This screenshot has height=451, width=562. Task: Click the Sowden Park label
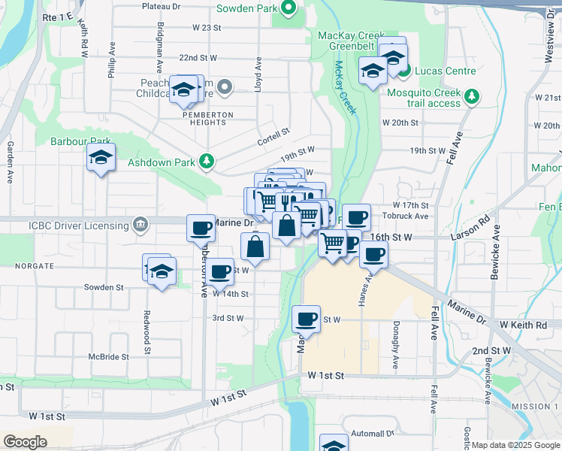click(x=246, y=9)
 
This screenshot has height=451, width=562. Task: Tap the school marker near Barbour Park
click(x=101, y=158)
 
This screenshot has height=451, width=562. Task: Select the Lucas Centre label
click(x=444, y=71)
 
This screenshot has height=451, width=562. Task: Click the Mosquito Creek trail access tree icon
click(x=472, y=95)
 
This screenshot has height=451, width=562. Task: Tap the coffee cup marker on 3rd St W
click(x=307, y=319)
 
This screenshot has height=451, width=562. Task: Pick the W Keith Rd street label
click(x=529, y=324)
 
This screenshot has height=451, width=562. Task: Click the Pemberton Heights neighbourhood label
click(x=209, y=114)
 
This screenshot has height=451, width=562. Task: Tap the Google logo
click(x=25, y=441)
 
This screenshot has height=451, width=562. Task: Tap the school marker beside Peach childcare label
click(x=183, y=90)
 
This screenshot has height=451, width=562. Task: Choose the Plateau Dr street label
click(x=162, y=6)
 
